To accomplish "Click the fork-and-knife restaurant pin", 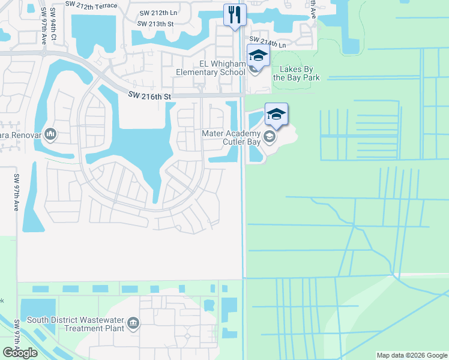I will point(235,14).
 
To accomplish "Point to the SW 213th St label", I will point(155,24).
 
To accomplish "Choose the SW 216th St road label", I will point(150,96).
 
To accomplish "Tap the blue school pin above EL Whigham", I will point(258,56).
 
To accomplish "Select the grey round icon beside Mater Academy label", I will point(269,137).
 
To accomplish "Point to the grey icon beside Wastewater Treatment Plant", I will point(133,324).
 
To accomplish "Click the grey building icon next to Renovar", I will point(50,133).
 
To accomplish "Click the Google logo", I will point(20,353).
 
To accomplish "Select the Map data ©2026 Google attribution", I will point(411,355).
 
